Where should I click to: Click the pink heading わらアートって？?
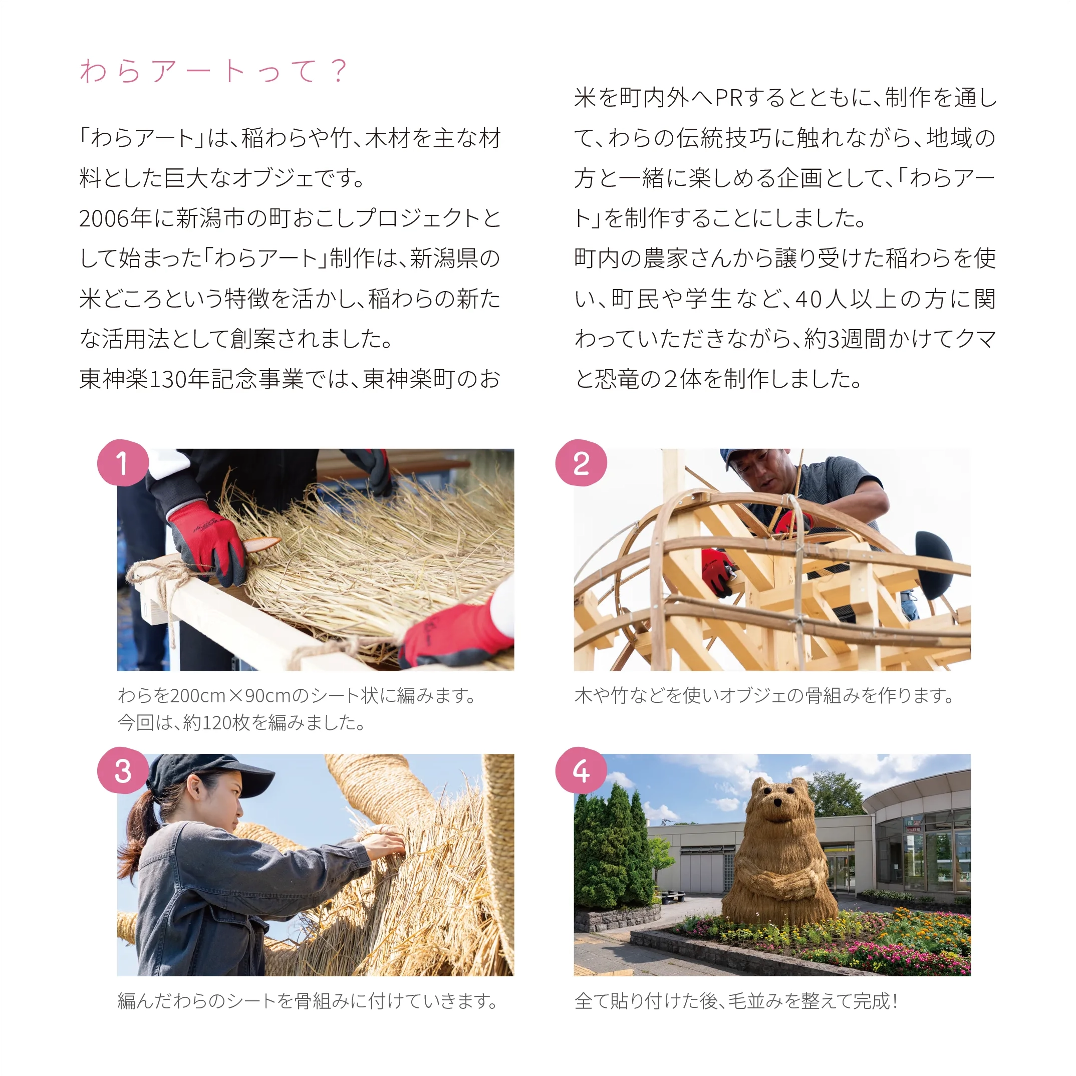(214, 71)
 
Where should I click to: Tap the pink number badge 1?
(123, 463)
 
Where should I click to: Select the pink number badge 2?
(581, 463)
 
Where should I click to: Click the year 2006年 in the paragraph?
(115, 218)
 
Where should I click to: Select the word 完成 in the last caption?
(871, 1001)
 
